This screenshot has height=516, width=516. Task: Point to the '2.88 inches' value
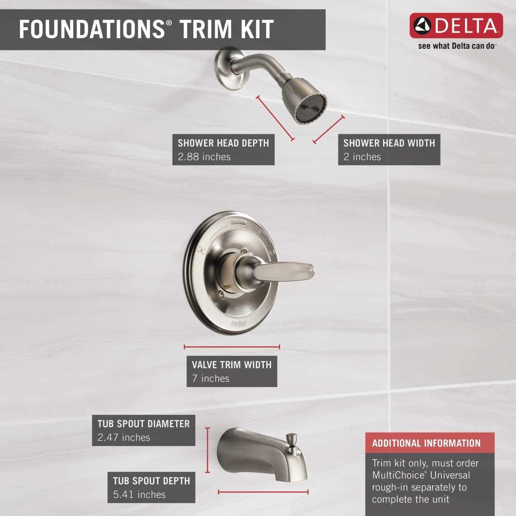[204, 157]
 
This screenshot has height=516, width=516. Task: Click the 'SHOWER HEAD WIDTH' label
[389, 143]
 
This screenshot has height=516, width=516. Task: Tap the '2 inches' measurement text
[362, 157]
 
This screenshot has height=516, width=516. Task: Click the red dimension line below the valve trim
[232, 347]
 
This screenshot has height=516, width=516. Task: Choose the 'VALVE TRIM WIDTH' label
[232, 365]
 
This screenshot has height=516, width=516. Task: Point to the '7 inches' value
[211, 378]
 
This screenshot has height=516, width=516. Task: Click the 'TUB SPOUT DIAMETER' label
[143, 423]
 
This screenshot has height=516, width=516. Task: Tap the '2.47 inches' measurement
[124, 438]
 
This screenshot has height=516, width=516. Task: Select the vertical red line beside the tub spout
[207, 450]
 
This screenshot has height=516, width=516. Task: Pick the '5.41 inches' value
[139, 495]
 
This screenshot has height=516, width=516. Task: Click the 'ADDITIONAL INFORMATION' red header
[426, 443]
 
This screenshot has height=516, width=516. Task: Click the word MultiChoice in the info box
[398, 475]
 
